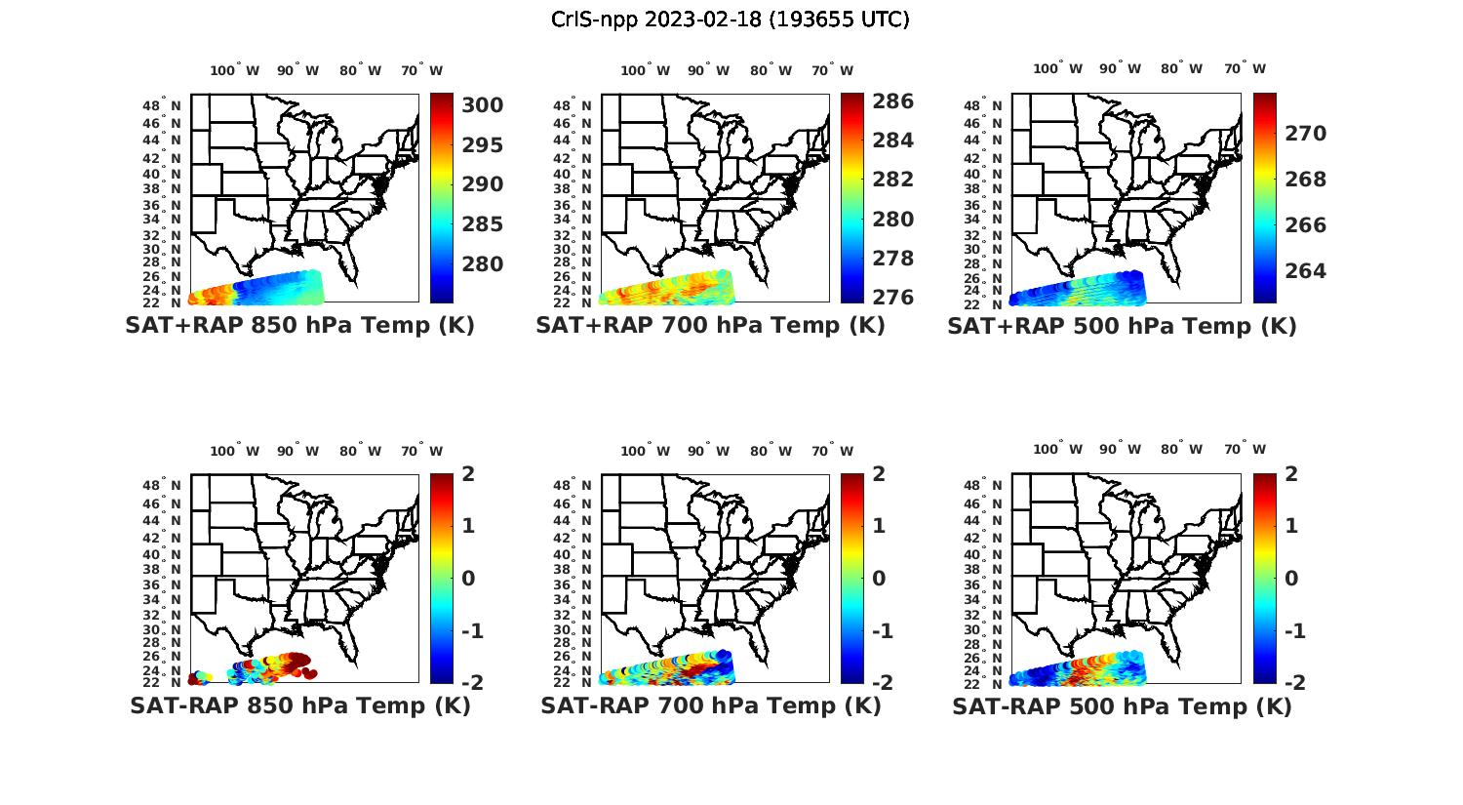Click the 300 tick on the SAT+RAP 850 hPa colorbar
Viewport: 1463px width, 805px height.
[x=484, y=105]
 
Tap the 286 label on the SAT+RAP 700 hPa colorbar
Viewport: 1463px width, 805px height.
[x=892, y=101]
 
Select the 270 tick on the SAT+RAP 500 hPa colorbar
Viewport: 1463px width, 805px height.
[x=1305, y=134]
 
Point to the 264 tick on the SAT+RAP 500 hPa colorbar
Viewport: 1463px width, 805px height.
[x=1305, y=271]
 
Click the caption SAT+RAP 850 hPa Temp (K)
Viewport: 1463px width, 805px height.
[x=299, y=326]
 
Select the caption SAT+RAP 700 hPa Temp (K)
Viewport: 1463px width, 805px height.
[x=710, y=326]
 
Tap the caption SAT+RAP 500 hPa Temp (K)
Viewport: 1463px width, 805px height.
[x=1122, y=326]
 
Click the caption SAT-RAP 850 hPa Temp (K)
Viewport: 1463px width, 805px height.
[x=299, y=706]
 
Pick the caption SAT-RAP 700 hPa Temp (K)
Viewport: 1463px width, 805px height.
[x=710, y=706]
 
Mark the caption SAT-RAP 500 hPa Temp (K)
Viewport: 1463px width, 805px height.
[x=1122, y=706]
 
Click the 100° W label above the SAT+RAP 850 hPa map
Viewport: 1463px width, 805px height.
[x=235, y=70]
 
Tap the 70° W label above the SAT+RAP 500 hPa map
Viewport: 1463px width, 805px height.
[x=1245, y=68]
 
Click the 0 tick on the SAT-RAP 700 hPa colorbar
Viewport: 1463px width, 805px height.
[x=879, y=579]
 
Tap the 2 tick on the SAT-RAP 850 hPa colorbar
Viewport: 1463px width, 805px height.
[x=468, y=475]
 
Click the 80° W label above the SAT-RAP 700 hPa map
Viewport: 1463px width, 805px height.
[x=771, y=451]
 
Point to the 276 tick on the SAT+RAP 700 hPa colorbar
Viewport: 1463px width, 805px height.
[x=892, y=298]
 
